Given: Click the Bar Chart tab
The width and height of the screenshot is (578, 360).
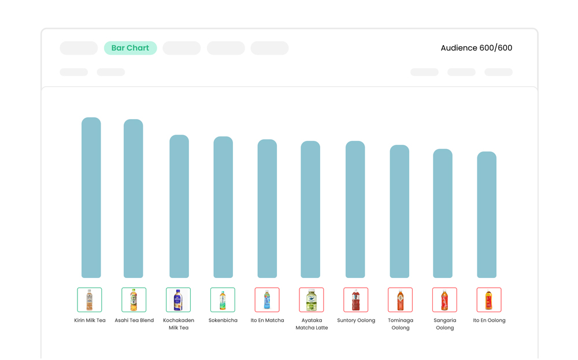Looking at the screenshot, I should point(130,48).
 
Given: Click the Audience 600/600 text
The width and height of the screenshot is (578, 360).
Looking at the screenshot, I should point(476,48).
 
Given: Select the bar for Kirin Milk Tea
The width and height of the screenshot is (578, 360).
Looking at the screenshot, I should point(91,198).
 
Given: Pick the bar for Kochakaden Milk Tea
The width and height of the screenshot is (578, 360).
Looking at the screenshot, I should point(179,206).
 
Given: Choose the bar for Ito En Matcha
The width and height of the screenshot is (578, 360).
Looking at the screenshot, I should point(267,209).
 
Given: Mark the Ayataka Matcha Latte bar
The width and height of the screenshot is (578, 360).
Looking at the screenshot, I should point(310,209).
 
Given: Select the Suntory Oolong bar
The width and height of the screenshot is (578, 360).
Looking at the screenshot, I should point(355,209).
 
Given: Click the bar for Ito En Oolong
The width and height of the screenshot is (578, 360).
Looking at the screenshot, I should point(487,214).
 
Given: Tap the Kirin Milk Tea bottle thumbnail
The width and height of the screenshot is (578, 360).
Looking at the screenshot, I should point(90,300).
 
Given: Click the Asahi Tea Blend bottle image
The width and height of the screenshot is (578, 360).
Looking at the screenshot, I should point(134,300).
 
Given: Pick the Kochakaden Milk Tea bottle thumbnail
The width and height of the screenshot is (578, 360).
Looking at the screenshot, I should point(178,300).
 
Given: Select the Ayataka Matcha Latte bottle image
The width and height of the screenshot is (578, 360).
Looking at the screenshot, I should point(312,300).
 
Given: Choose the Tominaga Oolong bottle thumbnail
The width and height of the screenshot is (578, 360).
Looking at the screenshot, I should point(400,300).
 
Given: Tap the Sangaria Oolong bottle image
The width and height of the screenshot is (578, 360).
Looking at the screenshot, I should point(444,300).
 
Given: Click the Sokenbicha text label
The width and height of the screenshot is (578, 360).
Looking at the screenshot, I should point(223,320).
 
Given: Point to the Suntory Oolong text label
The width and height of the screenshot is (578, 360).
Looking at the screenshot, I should point(356,320).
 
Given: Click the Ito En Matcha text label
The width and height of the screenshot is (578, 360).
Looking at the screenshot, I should point(267,320).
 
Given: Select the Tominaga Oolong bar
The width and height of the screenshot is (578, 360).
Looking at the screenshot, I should point(399,211).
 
